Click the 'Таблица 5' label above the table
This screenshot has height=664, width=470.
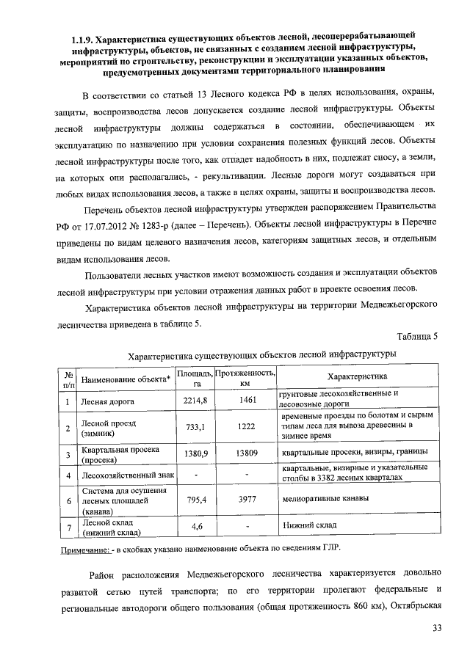pyautogui.click(x=416, y=336)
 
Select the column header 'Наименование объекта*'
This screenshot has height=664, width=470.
pyautogui.click(x=126, y=379)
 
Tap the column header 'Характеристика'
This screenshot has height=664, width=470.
pyautogui.click(x=356, y=376)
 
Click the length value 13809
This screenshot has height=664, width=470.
pyautogui.click(x=246, y=453)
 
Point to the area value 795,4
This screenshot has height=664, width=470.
pyautogui.click(x=195, y=500)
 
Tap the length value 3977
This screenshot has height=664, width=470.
pyautogui.click(x=246, y=500)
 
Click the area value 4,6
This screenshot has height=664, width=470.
pyautogui.click(x=196, y=527)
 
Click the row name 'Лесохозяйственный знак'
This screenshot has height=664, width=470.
pyautogui.click(x=126, y=477)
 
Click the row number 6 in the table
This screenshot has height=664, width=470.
pyautogui.click(x=67, y=500)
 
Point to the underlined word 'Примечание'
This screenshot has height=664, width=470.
pyautogui.click(x=83, y=549)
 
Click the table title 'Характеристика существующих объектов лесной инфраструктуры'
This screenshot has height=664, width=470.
pyautogui.click(x=262, y=354)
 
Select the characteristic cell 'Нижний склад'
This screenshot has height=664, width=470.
pyautogui.click(x=308, y=526)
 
